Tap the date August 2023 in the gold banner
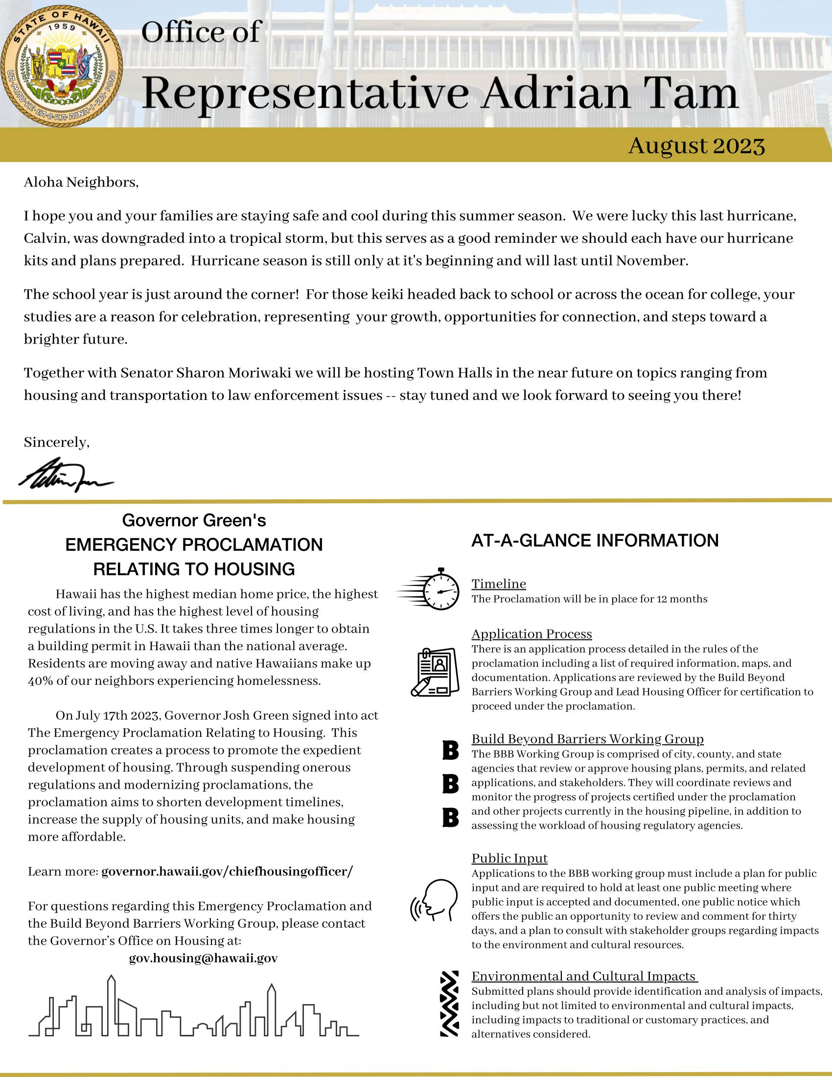pos(696,146)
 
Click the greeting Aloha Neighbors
pos(81,183)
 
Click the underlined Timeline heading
pos(499,584)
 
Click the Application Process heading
pos(532,633)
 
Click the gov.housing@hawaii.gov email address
pos(203,958)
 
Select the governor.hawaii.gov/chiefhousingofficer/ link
pos(227,871)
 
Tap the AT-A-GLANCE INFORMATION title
pos(595,540)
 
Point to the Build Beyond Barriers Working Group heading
pos(587,739)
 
